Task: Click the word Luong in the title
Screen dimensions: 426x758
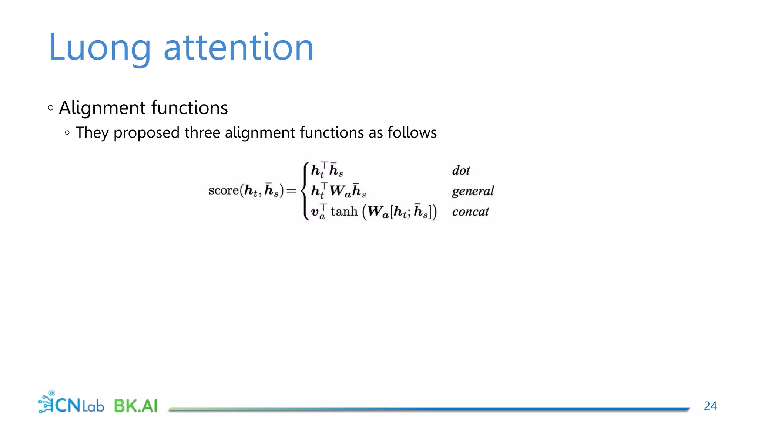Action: click(x=99, y=48)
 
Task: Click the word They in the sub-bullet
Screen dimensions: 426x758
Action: click(x=92, y=133)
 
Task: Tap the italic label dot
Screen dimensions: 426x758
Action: click(x=461, y=170)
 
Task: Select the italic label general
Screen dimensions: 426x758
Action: click(x=473, y=191)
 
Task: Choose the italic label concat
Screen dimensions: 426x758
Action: click(x=470, y=212)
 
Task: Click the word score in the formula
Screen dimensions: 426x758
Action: click(x=224, y=190)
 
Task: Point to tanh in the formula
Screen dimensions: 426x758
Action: click(x=344, y=212)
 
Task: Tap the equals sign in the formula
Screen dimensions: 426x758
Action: click(x=291, y=191)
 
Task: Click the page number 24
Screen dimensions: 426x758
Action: click(x=710, y=406)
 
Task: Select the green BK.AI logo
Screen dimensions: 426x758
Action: click(x=135, y=406)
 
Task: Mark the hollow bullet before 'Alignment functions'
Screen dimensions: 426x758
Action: click(x=51, y=108)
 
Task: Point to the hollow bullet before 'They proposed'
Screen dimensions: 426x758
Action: click(x=67, y=133)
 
